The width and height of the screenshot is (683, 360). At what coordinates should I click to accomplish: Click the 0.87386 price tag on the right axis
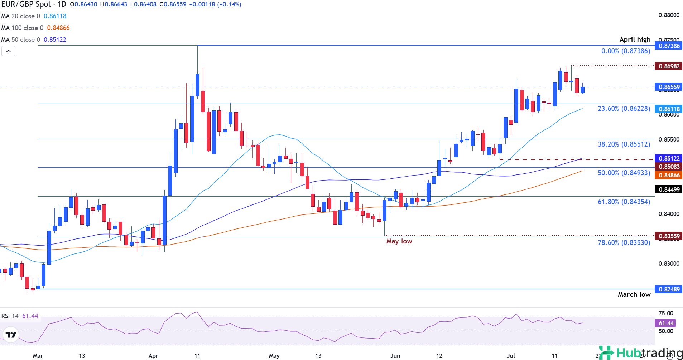pyautogui.click(x=669, y=46)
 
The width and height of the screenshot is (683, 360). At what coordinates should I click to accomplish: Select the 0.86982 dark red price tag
pyautogui.click(x=669, y=66)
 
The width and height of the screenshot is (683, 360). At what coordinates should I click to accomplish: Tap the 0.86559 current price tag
pyautogui.click(x=669, y=87)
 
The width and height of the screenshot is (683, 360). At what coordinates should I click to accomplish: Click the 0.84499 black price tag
pyautogui.click(x=669, y=189)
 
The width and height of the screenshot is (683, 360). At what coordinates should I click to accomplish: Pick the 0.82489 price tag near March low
pyautogui.click(x=669, y=289)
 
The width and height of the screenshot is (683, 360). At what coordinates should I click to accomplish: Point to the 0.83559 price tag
pyautogui.click(x=669, y=236)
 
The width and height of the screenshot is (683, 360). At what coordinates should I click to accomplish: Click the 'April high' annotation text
pyautogui.click(x=635, y=40)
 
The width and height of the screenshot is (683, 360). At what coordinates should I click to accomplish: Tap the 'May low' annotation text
pyautogui.click(x=399, y=241)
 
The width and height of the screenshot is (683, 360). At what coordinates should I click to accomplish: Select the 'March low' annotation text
pyautogui.click(x=634, y=294)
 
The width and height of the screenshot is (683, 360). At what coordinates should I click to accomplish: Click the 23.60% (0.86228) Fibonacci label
pyautogui.click(x=624, y=108)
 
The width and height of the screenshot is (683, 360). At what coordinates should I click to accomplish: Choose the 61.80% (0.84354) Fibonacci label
pyautogui.click(x=624, y=202)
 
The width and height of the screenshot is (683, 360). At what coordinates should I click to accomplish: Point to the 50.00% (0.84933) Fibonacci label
pyautogui.click(x=624, y=173)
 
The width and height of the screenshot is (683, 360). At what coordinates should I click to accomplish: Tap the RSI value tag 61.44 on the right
pyautogui.click(x=666, y=323)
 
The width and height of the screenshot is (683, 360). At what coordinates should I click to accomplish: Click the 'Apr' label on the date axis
pyautogui.click(x=153, y=356)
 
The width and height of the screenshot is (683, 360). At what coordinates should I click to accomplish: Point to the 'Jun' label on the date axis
pyautogui.click(x=395, y=356)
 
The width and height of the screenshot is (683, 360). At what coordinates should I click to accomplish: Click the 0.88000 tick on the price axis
pyautogui.click(x=669, y=15)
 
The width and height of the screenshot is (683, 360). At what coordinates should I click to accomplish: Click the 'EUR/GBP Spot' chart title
pyautogui.click(x=26, y=4)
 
